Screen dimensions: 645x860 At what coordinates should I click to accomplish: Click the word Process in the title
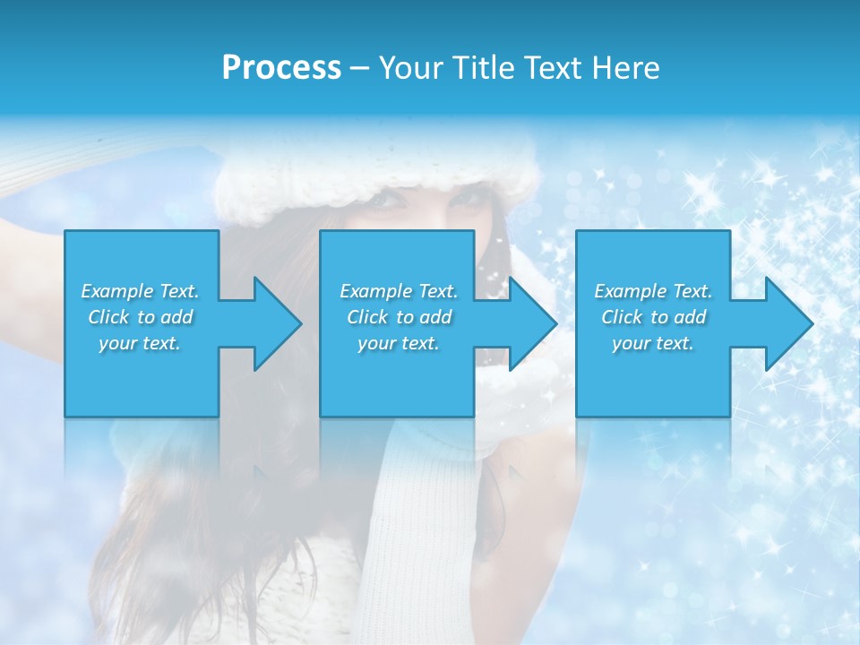click(281, 68)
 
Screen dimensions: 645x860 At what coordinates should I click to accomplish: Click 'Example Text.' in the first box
click(140, 291)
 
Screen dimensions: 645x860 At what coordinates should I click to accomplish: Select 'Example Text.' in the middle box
click(399, 291)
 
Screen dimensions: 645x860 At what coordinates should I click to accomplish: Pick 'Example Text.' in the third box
click(653, 291)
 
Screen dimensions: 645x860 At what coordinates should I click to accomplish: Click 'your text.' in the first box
click(140, 343)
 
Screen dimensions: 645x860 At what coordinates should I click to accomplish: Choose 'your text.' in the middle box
click(399, 343)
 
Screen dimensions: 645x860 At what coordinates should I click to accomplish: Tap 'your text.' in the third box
click(653, 343)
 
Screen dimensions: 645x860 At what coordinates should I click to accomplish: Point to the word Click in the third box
click(622, 317)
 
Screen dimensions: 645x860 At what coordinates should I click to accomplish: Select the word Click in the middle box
click(367, 317)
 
